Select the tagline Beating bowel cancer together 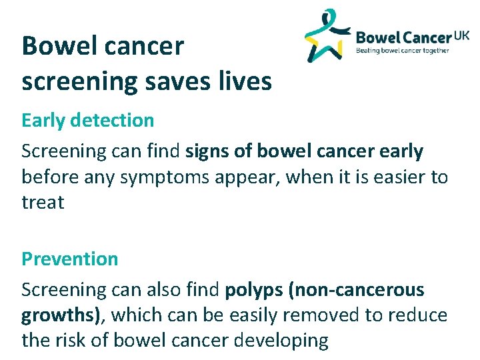[403, 50]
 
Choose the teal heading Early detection [87, 121]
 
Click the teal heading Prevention [69, 259]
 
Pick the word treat [43, 203]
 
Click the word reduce [420, 315]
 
